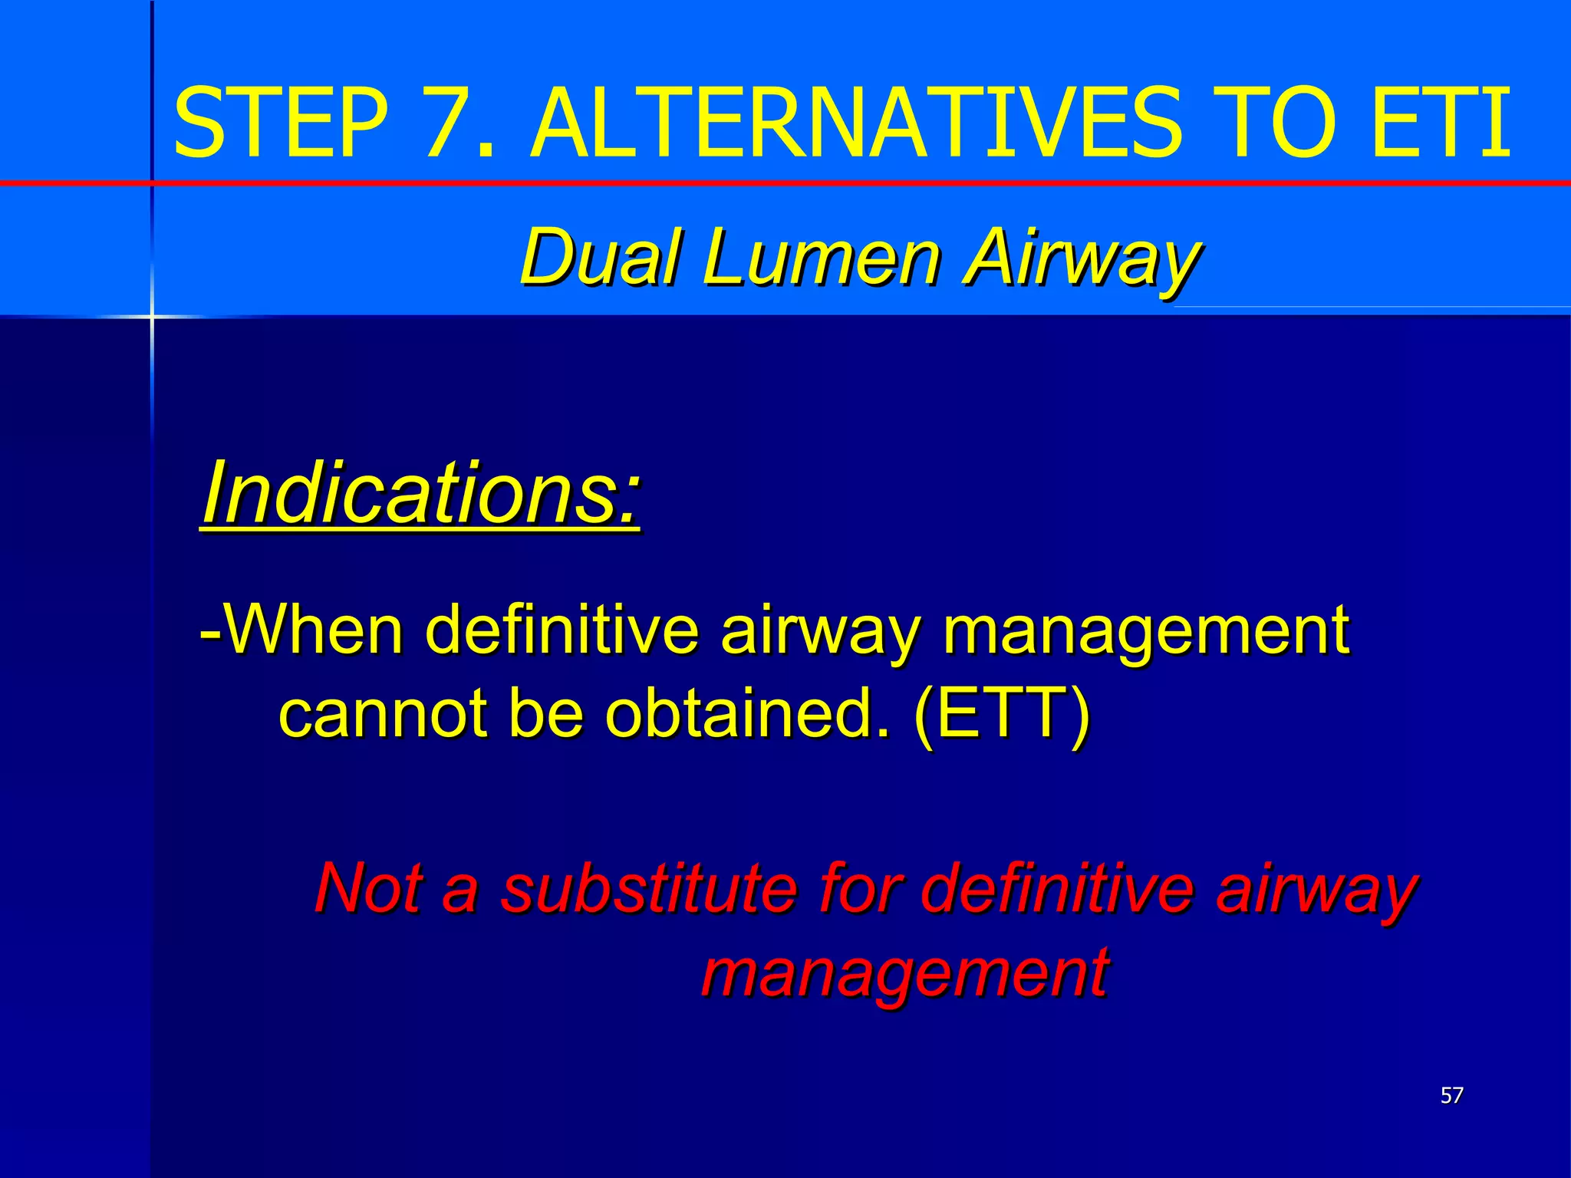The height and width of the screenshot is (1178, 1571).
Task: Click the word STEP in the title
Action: [x=281, y=123]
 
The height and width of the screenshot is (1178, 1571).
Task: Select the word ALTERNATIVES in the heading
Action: [x=846, y=123]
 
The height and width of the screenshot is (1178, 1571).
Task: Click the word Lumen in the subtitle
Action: [x=822, y=257]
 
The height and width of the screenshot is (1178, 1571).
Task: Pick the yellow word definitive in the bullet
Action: [x=561, y=630]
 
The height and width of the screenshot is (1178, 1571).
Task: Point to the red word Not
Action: [x=368, y=887]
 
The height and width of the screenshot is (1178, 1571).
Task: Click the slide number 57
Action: [x=1451, y=1095]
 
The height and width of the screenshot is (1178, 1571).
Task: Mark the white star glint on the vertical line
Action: [x=152, y=316]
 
